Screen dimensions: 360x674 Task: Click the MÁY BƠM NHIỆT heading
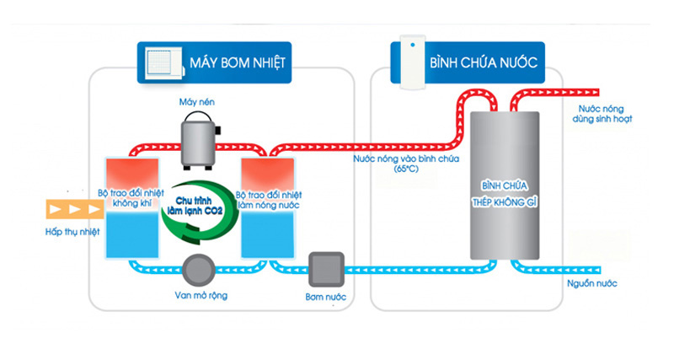[x=238, y=62]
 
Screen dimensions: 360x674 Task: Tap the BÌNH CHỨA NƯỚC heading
[x=483, y=62]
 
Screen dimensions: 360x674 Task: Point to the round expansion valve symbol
[x=200, y=269]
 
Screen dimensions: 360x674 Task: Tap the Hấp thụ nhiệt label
[x=72, y=231]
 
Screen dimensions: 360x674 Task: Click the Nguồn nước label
[x=592, y=283]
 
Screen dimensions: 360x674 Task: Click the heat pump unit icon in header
[x=163, y=62]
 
